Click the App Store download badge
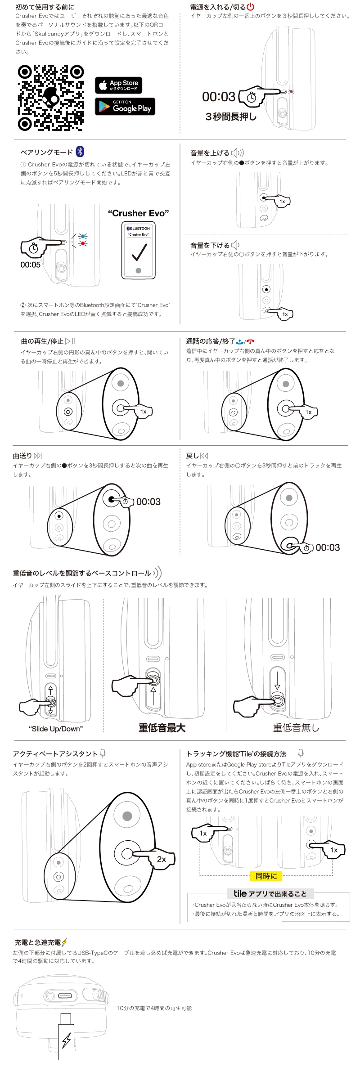(x=118, y=85)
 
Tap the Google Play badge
(x=125, y=107)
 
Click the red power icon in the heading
(x=251, y=7)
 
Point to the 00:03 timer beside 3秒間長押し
(x=219, y=97)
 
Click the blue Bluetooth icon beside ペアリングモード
(x=80, y=152)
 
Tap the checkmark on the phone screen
(x=139, y=252)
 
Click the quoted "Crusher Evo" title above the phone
(x=139, y=213)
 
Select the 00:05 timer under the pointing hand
(x=30, y=265)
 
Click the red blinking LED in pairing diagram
(x=83, y=243)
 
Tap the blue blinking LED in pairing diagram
(x=83, y=236)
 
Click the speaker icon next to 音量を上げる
(x=237, y=153)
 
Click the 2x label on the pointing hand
(x=162, y=859)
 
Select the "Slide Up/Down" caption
(x=56, y=729)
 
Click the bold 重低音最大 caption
(x=162, y=728)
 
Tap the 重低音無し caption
(x=296, y=728)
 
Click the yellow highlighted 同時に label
(x=266, y=876)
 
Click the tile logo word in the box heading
(x=240, y=894)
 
